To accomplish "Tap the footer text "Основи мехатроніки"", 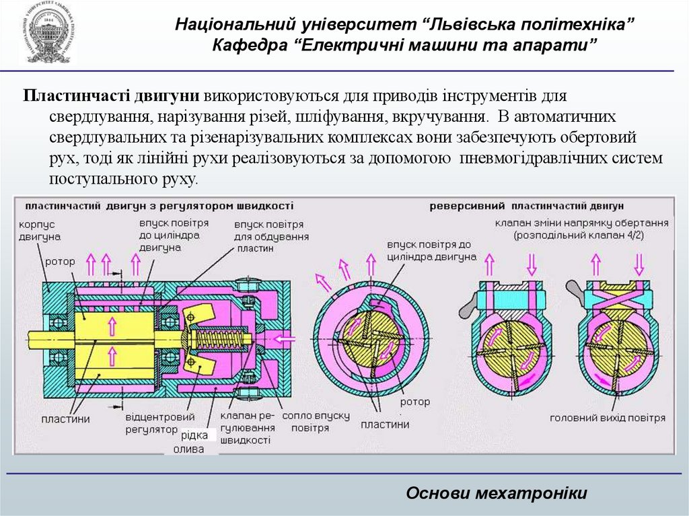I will (497, 493).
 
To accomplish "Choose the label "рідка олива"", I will (192, 442).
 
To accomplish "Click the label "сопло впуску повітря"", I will (316, 421).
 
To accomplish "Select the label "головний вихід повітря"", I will (608, 418).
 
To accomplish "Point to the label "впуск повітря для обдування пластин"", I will (271, 236).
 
